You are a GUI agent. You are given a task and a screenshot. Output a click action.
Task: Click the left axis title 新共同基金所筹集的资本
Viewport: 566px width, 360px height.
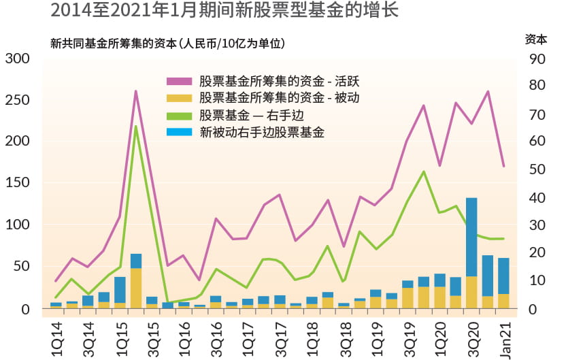pos(167,44)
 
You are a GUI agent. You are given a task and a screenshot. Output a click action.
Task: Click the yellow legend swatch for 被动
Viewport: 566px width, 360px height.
pos(180,98)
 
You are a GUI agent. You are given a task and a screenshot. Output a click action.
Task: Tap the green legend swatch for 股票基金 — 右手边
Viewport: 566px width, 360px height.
pos(180,115)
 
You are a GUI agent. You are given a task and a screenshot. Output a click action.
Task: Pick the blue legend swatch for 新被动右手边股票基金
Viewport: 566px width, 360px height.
pos(180,131)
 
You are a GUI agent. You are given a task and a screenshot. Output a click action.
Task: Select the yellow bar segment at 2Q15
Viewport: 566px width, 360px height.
pos(136,288)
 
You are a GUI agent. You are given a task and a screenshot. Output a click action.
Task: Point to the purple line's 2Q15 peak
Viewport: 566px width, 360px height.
pos(136,91)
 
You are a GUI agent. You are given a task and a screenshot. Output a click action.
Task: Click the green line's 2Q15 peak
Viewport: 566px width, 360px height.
pos(136,127)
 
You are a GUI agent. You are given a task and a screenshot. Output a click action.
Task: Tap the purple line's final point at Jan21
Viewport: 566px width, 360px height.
pos(503,166)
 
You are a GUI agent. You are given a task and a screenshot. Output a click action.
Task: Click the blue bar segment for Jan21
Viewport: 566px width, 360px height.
pos(503,276)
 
